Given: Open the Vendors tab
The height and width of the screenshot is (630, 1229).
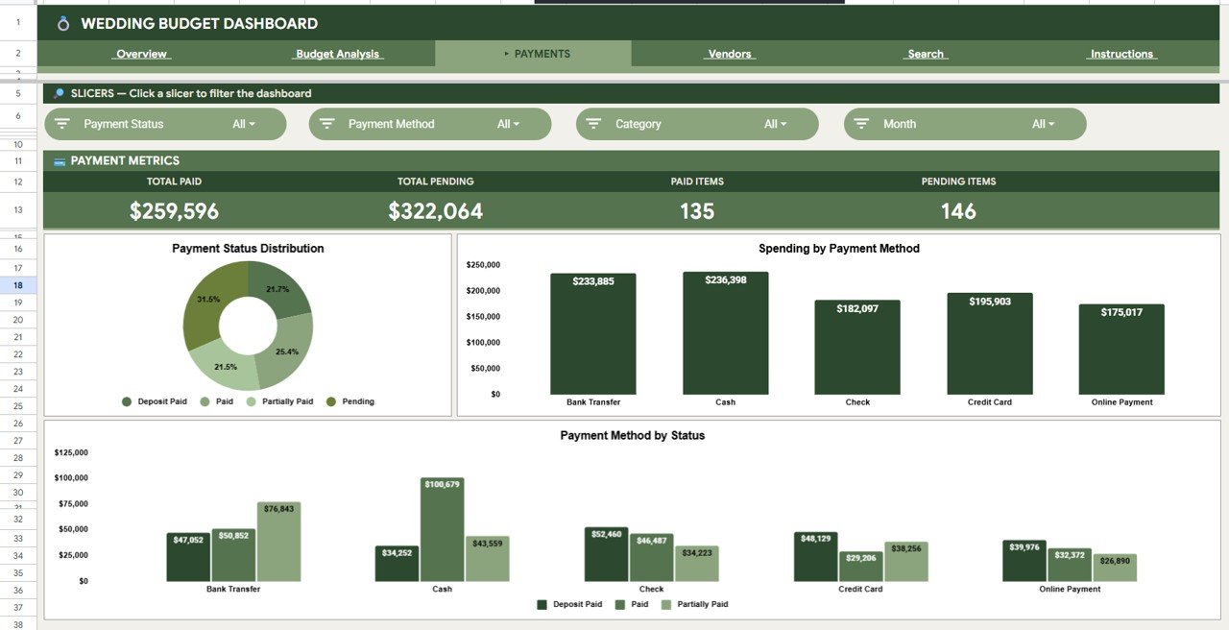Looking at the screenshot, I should pos(730,54).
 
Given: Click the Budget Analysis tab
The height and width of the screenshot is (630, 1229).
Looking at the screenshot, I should pos(337,54).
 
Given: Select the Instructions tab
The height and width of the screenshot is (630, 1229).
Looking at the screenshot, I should pos(1121,54).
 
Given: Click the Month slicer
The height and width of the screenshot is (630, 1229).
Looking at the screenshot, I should pos(965,124).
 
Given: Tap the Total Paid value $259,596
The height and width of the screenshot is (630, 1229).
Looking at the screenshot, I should pos(174,211).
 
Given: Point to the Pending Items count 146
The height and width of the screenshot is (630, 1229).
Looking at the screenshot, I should pos(958,211).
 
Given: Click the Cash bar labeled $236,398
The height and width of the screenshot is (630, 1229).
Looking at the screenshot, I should pos(725,336).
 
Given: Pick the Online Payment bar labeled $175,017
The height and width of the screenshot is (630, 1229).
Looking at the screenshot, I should pos(1121,351).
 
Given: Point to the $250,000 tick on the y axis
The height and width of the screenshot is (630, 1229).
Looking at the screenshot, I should pos(483,265).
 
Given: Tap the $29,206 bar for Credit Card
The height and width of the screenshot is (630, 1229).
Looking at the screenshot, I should pos(860,569).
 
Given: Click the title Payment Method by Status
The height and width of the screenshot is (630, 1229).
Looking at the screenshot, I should pos(632,435).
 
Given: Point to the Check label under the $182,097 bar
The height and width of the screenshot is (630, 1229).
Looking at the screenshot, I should pos(857,402).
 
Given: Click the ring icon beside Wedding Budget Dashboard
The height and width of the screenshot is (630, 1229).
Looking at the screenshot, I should pos(63,23).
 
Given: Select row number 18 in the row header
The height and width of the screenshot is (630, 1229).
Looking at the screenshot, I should pos(18,285).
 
